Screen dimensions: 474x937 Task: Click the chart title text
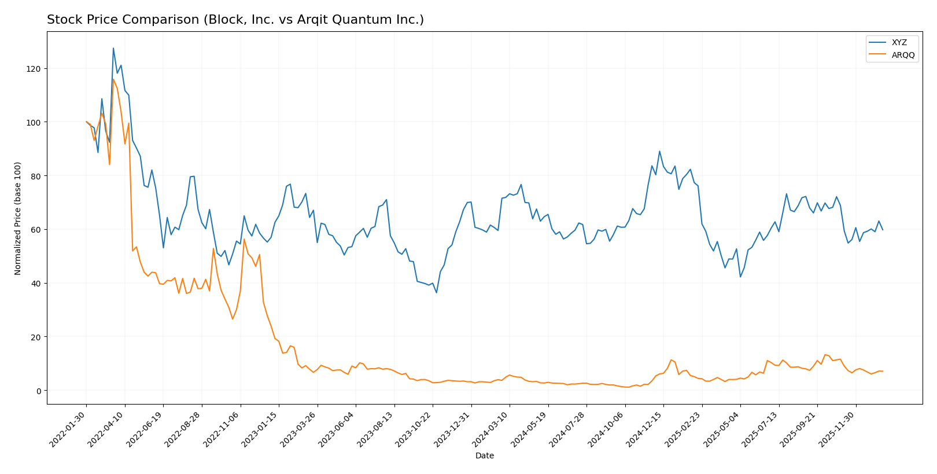[x=235, y=20]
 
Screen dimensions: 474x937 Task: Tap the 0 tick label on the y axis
[x=38, y=391]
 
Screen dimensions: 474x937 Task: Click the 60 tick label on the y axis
[x=36, y=230]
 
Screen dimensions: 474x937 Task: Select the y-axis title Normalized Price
[x=18, y=218]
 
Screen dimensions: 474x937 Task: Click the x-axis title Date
[x=484, y=455]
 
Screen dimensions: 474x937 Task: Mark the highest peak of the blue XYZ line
[x=113, y=48]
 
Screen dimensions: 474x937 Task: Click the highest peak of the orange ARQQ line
[x=113, y=79]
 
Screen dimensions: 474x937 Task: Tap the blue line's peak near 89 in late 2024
[x=659, y=151]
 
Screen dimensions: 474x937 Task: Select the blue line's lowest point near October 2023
[x=436, y=293]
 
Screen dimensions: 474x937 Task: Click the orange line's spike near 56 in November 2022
[x=244, y=239]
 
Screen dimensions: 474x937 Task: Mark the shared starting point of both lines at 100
[x=86, y=122]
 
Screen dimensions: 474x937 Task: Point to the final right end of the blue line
[x=883, y=230]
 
